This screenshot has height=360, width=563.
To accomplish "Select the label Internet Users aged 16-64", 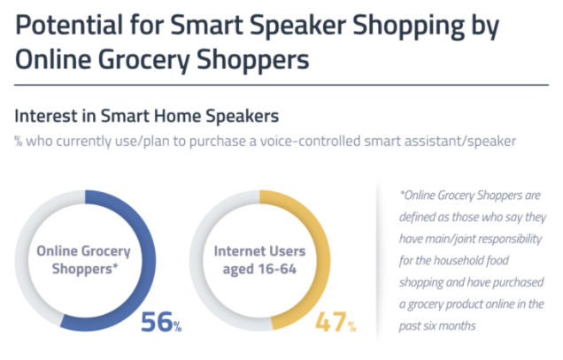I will click(x=258, y=257).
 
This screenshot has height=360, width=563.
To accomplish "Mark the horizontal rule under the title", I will click(x=281, y=86).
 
